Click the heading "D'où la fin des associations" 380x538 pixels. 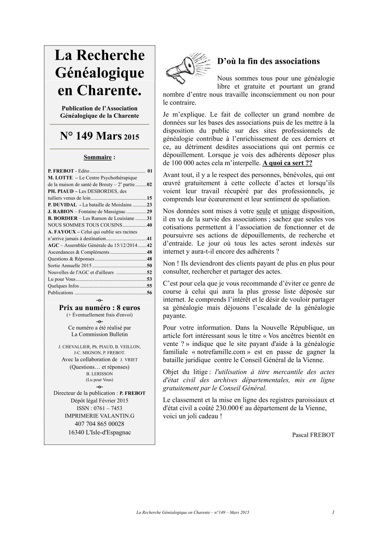[x=268, y=61]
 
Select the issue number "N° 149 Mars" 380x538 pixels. [x=91, y=136]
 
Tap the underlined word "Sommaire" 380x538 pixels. [x=97, y=157]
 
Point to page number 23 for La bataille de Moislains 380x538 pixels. [x=149, y=205]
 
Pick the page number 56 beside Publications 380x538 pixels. [x=149, y=293]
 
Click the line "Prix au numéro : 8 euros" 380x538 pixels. [x=99, y=308]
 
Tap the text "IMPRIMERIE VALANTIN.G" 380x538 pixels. [x=99, y=416]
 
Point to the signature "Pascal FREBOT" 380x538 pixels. [x=313, y=435]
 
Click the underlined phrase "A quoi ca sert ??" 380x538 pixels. [x=287, y=163]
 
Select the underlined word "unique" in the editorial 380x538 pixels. [x=290, y=211]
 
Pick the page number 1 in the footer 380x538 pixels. [x=333, y=512]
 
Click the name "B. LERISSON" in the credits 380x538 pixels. [x=99, y=374]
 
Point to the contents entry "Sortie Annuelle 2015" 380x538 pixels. [x=70, y=266]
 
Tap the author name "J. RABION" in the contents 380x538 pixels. [x=60, y=212]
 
